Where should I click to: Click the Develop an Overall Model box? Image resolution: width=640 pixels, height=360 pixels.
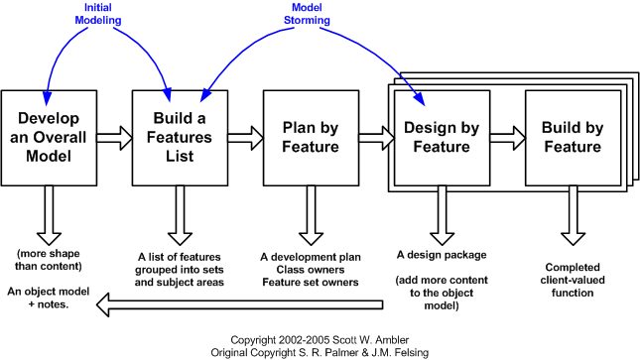pos(48,134)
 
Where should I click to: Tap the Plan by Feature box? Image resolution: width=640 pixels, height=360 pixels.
pos(304,134)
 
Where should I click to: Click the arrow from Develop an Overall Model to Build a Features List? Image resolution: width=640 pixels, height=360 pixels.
pos(111,135)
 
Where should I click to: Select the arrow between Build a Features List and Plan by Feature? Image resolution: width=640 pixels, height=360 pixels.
pos(240,135)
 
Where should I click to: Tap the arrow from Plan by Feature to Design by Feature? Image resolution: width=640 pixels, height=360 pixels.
pos(373,135)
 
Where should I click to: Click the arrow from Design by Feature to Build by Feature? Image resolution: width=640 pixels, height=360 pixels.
pos(503,135)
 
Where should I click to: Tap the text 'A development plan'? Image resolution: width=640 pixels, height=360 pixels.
pos(310,257)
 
